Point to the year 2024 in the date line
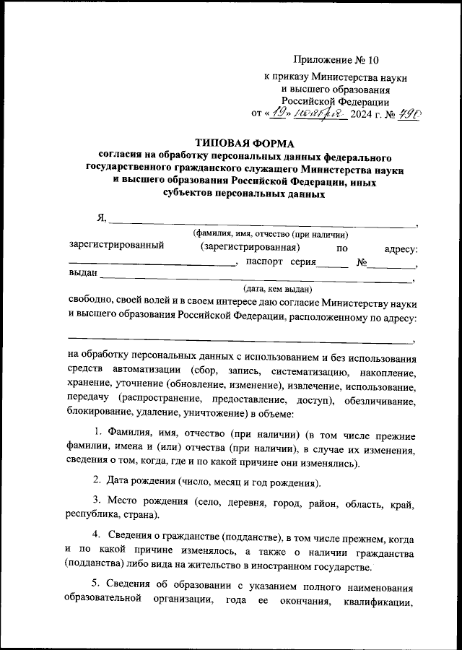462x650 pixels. tap(365, 113)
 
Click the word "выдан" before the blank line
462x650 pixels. tap(82, 274)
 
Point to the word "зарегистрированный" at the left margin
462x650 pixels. tap(116, 246)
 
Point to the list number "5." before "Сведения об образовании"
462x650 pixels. tap(98, 584)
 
